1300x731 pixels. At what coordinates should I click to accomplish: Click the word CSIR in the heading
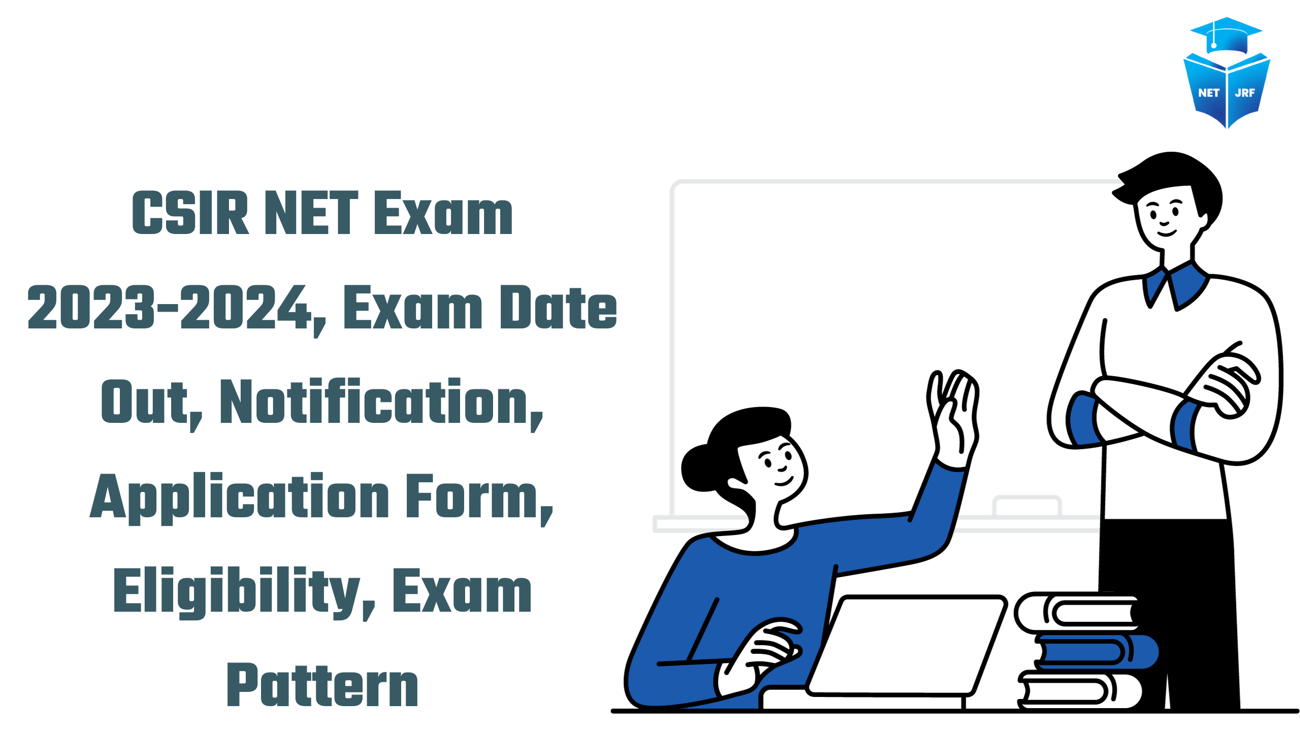190,213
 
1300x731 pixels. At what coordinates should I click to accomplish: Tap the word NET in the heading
311,213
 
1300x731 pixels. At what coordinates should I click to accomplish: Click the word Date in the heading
558,308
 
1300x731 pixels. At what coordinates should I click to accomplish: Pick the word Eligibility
237,592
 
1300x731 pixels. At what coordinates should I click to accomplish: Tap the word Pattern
322,685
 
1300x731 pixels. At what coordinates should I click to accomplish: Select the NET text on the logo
1209,93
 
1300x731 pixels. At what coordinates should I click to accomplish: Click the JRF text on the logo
1245,93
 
